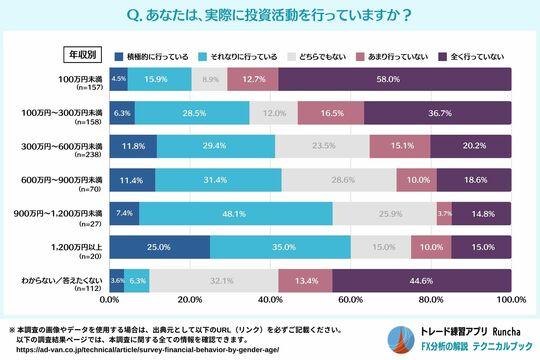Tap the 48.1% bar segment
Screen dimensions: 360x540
pos(235,214)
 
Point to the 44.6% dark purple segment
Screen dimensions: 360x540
pos(421,282)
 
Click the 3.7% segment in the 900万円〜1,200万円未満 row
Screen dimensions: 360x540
pos(444,214)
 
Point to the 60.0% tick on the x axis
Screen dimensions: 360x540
pos(350,299)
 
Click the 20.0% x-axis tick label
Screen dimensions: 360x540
pos(189,299)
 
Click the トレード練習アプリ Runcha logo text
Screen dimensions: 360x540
pos(462,326)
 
